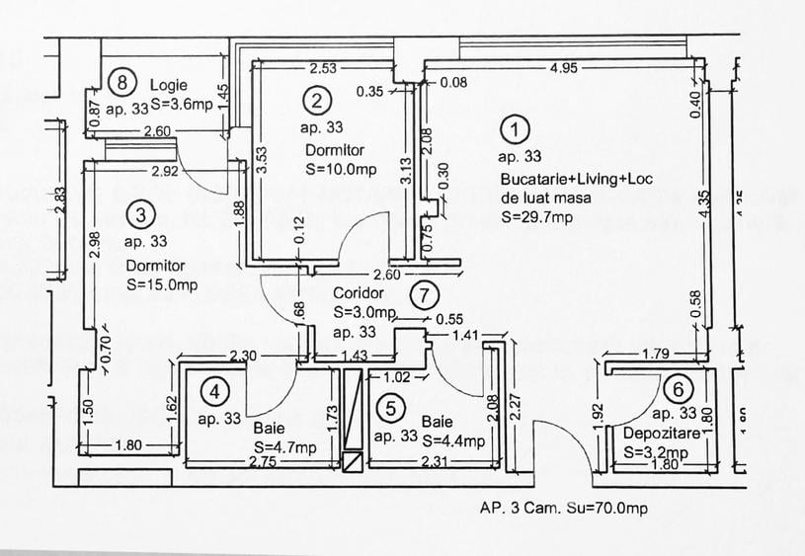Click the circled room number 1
pyautogui.click(x=514, y=128)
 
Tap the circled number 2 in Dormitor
pyautogui.click(x=317, y=100)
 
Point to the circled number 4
pyautogui.click(x=214, y=392)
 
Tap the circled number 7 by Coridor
pyautogui.click(x=423, y=293)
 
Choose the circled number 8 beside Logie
pyautogui.click(x=121, y=83)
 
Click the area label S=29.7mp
pyautogui.click(x=536, y=217)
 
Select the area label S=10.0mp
pyautogui.click(x=341, y=169)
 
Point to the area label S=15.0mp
pyautogui.click(x=163, y=284)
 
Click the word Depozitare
pyautogui.click(x=661, y=434)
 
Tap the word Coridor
pyautogui.click(x=357, y=293)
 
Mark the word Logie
pyautogui.click(x=169, y=84)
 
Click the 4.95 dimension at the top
pyautogui.click(x=565, y=68)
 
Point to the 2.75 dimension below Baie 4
pyautogui.click(x=263, y=461)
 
